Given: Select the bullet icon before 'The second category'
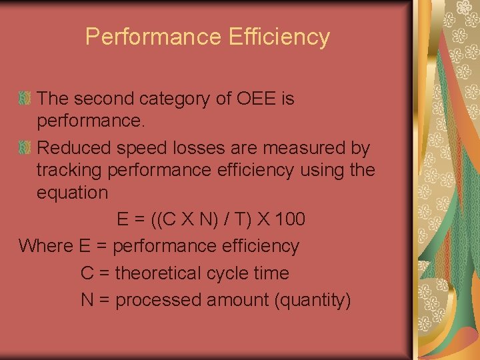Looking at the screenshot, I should [x=25, y=99].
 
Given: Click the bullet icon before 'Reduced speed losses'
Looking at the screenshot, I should [x=25, y=147].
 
